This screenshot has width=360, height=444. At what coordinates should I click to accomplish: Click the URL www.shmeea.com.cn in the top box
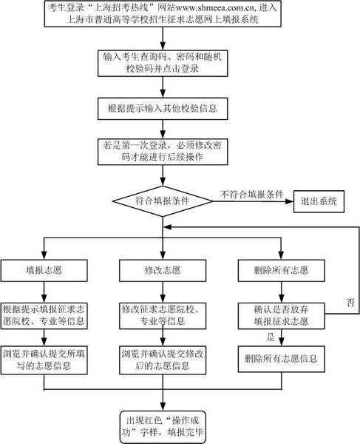coord(215,8)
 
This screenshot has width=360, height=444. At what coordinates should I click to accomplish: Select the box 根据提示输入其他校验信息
coord(163,109)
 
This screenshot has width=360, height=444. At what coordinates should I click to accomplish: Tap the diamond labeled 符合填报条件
coord(163,201)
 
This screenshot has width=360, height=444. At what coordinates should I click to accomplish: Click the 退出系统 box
coord(319,201)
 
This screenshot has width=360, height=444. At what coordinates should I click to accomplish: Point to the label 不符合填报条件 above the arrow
coord(251,195)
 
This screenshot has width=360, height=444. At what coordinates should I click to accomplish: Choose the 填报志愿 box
coord(44,271)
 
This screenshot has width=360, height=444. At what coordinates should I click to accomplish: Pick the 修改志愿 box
coord(163,271)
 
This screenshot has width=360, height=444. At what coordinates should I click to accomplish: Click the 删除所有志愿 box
coord(281,271)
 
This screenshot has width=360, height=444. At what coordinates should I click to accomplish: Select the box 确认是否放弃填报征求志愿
coord(281,316)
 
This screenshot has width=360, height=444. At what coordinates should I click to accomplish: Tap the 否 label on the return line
coord(350,303)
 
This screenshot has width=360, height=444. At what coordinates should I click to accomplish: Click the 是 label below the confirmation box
coord(271,337)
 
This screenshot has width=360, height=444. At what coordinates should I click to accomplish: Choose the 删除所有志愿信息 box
coord(281,359)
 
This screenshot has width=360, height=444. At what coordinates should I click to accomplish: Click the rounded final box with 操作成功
coord(163,427)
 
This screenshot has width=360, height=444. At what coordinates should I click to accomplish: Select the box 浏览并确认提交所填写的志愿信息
coord(44,360)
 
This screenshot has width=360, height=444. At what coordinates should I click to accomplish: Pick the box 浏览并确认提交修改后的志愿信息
coord(163,360)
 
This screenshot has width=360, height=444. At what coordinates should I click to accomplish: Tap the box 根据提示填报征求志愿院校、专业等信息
coord(44,316)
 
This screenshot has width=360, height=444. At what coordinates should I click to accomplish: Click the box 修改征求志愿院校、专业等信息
coord(163,316)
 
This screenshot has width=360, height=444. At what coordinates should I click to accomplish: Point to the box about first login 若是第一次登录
coord(163,152)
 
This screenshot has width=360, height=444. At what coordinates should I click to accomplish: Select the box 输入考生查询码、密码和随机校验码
coord(163,64)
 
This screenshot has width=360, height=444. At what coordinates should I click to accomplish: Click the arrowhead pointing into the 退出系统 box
coord(290,201)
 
